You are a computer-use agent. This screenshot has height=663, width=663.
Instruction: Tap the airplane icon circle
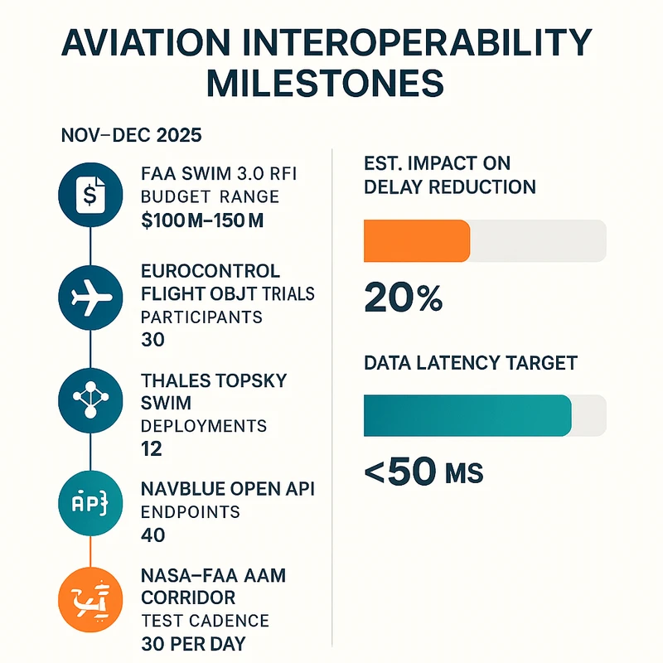pyautogui.click(x=89, y=299)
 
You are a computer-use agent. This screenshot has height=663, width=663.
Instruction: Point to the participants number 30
pyautogui.click(x=153, y=340)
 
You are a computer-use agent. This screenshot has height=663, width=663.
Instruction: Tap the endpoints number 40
pyautogui.click(x=153, y=535)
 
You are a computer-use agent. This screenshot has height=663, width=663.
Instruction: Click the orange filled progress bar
pyautogui.click(x=417, y=241)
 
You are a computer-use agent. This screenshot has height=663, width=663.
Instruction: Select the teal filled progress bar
pyautogui.click(x=467, y=415)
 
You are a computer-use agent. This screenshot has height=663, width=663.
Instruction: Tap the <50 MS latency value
pyautogui.click(x=423, y=472)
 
